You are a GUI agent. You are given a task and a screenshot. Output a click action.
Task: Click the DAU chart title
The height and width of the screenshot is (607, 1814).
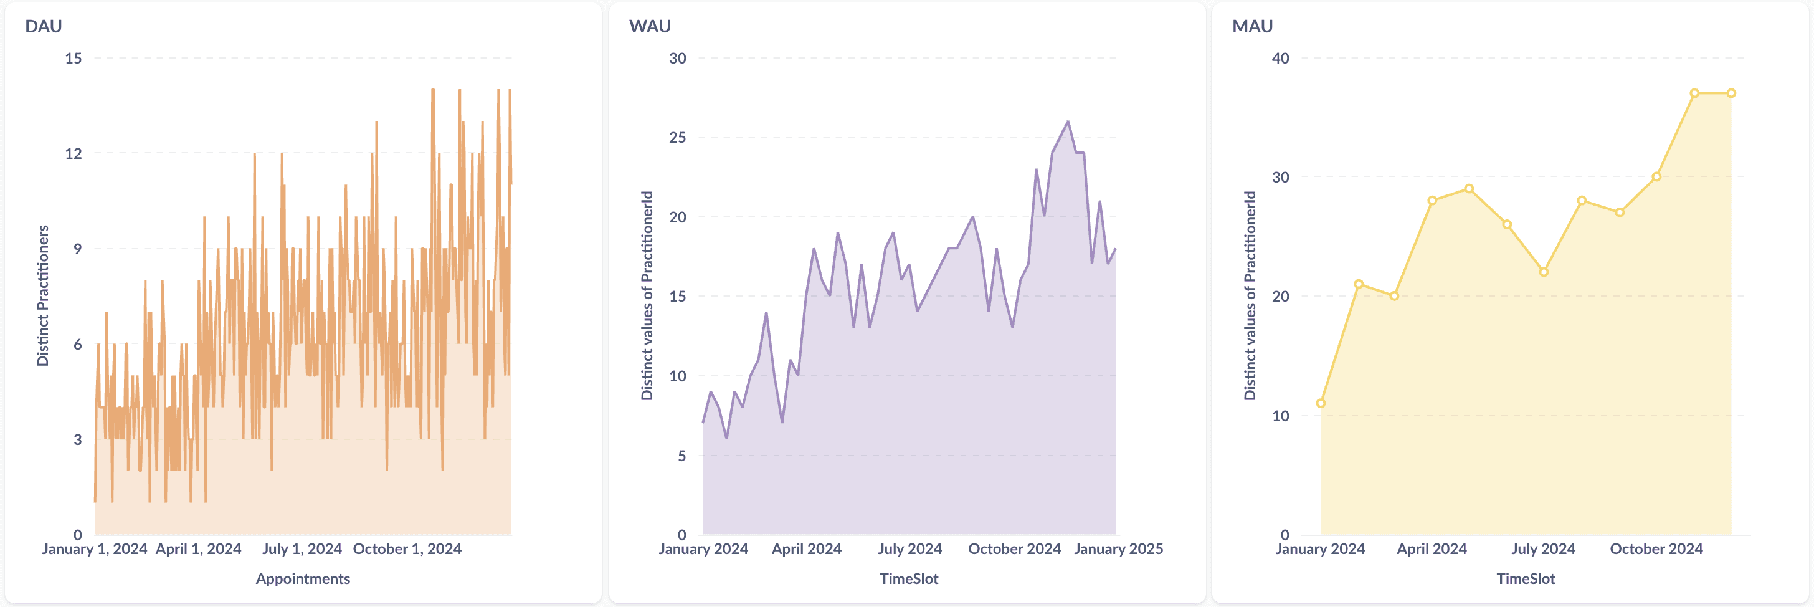[x=44, y=26]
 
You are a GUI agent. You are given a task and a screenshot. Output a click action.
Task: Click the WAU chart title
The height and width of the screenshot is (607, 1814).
[x=649, y=26]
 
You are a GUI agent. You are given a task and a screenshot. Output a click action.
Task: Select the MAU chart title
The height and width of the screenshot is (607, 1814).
[x=1252, y=26]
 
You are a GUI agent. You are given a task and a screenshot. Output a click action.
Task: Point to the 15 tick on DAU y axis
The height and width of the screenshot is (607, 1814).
[x=74, y=59]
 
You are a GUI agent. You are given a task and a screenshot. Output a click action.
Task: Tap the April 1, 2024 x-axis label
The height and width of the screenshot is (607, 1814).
[x=199, y=548]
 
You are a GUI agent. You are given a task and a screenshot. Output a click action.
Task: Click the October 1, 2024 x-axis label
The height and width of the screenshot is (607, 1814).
[x=407, y=548]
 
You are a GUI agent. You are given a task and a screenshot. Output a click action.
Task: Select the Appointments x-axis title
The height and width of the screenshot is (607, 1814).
[x=303, y=579]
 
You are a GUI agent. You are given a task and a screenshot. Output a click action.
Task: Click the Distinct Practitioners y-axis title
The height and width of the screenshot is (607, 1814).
[x=43, y=296]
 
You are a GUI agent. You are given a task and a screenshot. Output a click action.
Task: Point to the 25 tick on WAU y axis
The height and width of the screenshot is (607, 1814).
[x=677, y=137]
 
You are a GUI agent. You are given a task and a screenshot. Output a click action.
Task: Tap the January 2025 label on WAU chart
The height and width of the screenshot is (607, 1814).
[x=1118, y=548]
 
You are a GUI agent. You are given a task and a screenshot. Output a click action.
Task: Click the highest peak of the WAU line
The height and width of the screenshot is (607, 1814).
[x=1068, y=122]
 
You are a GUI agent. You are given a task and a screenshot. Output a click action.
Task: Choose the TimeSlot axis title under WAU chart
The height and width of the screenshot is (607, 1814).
[x=909, y=579]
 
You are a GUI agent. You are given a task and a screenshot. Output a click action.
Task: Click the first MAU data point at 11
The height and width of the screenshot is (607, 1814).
[x=1321, y=403]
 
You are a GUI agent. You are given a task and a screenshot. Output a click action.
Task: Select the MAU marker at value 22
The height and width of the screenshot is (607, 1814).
[x=1544, y=272]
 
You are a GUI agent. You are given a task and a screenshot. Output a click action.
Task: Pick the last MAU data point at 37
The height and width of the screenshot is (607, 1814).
[x=1731, y=93]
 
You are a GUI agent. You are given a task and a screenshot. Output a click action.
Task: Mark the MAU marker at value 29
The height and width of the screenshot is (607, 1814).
[x=1469, y=189]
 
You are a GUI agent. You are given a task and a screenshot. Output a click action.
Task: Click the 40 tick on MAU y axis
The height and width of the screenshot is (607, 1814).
[x=1280, y=59]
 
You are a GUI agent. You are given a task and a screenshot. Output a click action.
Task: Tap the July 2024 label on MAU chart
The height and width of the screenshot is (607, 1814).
[x=1543, y=548]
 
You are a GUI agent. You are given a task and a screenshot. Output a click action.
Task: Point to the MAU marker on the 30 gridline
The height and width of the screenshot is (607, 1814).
[x=1656, y=177]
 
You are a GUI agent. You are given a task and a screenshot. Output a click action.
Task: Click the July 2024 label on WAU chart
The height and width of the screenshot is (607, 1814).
[x=910, y=548]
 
